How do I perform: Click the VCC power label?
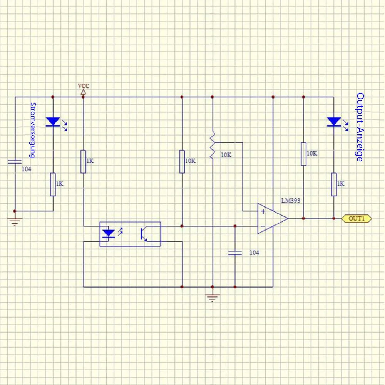(x=84, y=86)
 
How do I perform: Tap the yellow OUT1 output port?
(x=357, y=219)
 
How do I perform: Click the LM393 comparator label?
(x=291, y=201)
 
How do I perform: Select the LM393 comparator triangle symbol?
(x=273, y=219)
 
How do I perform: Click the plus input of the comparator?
(x=263, y=211)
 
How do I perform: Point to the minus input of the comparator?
(x=263, y=226)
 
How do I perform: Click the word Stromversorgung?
(x=33, y=130)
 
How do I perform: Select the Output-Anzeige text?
(x=360, y=127)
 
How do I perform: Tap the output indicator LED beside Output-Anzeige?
(x=337, y=123)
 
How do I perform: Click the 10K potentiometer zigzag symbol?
(x=213, y=145)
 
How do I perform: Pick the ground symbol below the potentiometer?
(x=213, y=298)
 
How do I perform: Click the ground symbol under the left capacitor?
(x=15, y=222)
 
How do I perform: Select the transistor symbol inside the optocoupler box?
(x=144, y=234)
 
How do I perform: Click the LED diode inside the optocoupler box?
(x=109, y=234)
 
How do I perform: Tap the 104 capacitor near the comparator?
(x=235, y=253)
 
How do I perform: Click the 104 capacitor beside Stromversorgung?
(x=15, y=162)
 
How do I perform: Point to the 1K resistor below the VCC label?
(x=84, y=162)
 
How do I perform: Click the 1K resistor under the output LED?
(x=334, y=184)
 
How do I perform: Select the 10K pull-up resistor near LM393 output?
(x=303, y=154)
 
